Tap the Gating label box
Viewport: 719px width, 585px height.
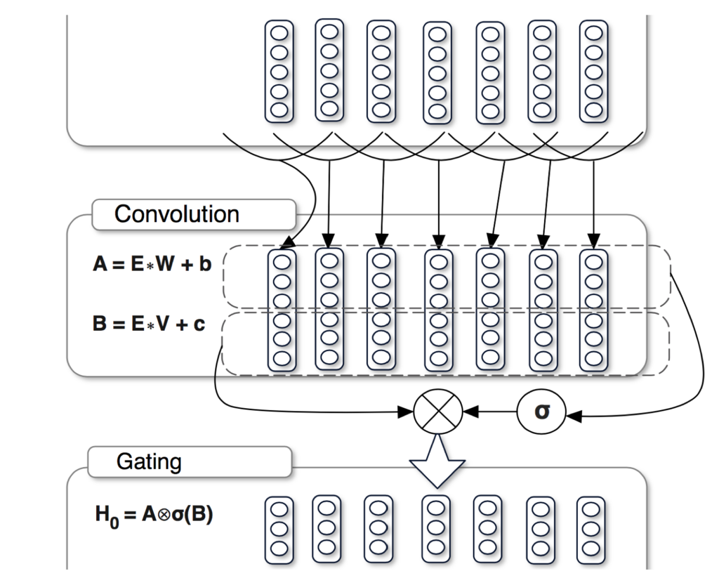point(190,461)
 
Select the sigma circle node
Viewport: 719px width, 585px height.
point(541,412)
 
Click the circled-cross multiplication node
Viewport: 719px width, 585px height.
point(438,412)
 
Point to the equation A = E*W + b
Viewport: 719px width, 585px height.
point(152,265)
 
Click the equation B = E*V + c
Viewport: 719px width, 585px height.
point(150,324)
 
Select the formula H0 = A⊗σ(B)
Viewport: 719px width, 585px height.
point(154,515)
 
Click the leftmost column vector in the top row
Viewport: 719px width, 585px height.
point(279,70)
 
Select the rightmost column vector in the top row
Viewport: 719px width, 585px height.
point(593,70)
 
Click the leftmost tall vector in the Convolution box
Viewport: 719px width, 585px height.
point(282,310)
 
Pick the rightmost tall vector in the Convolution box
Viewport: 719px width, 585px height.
point(593,310)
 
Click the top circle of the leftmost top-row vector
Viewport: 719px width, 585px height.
point(279,32)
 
